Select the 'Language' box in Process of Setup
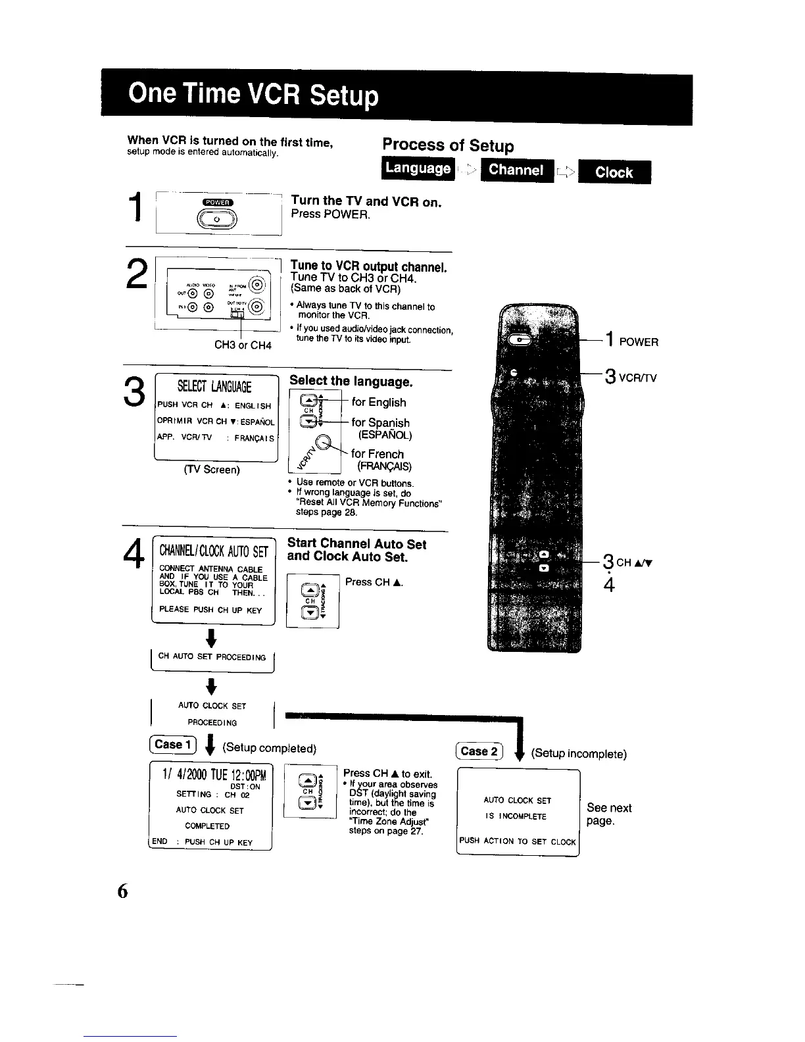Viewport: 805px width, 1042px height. coord(418,168)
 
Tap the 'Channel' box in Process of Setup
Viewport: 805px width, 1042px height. coord(516,170)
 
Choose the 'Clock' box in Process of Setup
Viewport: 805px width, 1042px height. coord(614,172)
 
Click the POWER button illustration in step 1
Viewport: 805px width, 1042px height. coord(217,218)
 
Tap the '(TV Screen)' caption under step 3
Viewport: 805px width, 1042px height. coord(212,469)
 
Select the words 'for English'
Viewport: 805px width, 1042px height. coord(379,402)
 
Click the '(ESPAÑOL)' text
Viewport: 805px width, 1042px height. coord(384,435)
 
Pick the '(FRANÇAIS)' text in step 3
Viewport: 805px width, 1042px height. coord(384,466)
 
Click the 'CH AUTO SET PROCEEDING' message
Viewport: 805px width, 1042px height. coord(212,657)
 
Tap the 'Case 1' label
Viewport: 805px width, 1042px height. coord(169,745)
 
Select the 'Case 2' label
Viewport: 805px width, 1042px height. coord(479,751)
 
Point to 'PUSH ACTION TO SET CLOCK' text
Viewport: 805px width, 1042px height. coord(518,841)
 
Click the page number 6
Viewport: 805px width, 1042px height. coord(122,891)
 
